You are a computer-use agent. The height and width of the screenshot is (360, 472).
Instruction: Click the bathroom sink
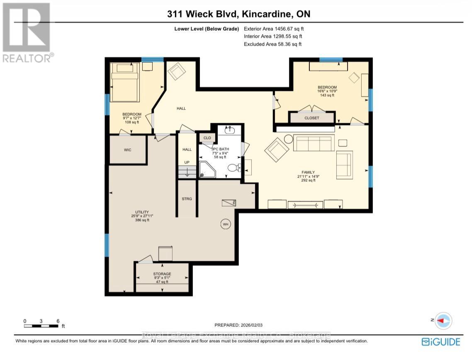click(229, 130)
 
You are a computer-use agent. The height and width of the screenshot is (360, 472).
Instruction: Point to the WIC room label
click(128, 150)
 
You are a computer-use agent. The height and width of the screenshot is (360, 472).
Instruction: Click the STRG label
click(187, 199)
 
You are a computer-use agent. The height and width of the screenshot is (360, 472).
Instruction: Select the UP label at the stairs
click(187, 163)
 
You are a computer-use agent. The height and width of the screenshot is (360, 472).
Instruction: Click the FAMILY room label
click(308, 172)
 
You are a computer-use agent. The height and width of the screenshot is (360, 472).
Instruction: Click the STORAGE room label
click(162, 274)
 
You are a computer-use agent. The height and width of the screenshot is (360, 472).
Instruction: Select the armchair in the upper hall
click(177, 72)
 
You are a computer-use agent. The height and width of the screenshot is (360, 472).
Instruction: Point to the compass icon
click(443, 321)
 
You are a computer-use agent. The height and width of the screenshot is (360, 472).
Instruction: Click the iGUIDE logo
click(441, 342)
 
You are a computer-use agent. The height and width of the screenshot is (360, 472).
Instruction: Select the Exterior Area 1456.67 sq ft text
click(276, 29)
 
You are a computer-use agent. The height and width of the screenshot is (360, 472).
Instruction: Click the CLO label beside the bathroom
click(207, 138)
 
